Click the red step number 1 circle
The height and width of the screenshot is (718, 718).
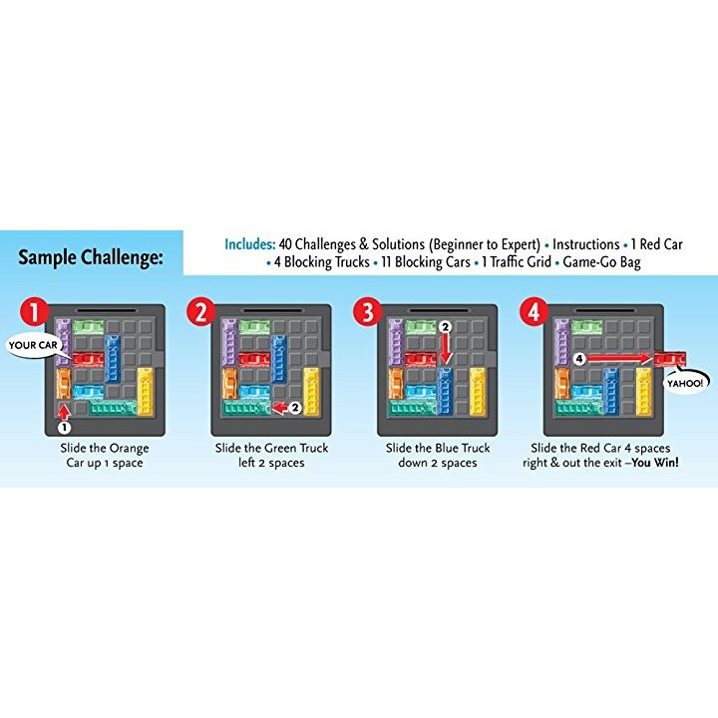37,313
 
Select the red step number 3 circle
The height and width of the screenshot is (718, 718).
368,313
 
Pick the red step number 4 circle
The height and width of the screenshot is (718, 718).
535,313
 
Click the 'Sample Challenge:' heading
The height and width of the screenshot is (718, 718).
91,257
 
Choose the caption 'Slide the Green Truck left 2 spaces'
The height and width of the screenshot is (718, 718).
271,456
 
